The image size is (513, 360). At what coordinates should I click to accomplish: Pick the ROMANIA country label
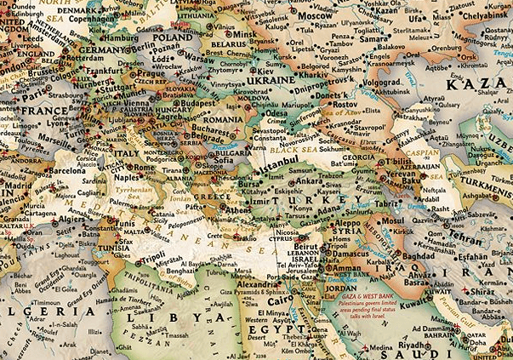tap(223, 121)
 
